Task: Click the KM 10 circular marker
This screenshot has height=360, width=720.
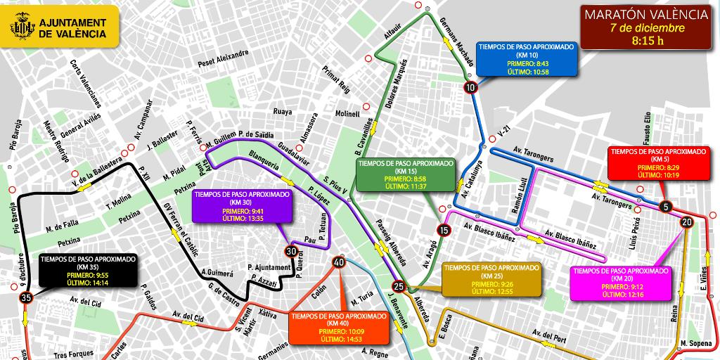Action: pyautogui.click(x=470, y=87)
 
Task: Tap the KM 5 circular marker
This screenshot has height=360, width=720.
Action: pyautogui.click(x=665, y=207)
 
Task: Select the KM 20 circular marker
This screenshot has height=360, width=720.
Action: pyautogui.click(x=686, y=222)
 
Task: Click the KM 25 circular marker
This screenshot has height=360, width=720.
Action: pyautogui.click(x=399, y=286)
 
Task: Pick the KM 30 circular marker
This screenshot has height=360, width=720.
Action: pyautogui.click(x=291, y=251)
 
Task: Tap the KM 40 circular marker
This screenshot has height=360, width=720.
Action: pyautogui.click(x=339, y=262)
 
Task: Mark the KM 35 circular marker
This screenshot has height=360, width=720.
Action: pyautogui.click(x=27, y=298)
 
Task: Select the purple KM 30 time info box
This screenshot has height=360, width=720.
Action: pyautogui.click(x=241, y=205)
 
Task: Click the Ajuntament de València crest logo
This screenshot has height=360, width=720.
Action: pyautogui.click(x=21, y=28)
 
